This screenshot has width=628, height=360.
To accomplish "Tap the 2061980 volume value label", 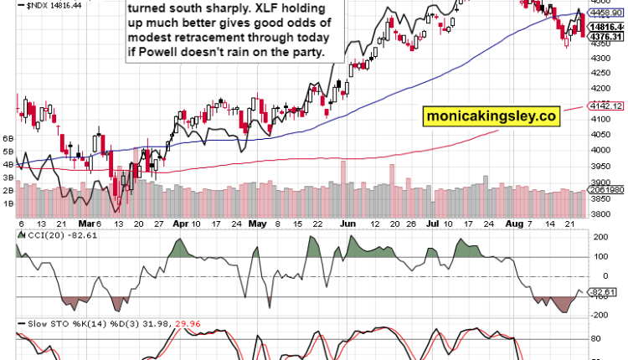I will tap(607, 192).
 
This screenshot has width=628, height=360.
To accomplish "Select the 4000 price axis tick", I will tap(601, 150).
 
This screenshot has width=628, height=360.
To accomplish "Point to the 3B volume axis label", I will tap(9, 178).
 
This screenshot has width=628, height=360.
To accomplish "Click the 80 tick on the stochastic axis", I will tap(596, 339).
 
